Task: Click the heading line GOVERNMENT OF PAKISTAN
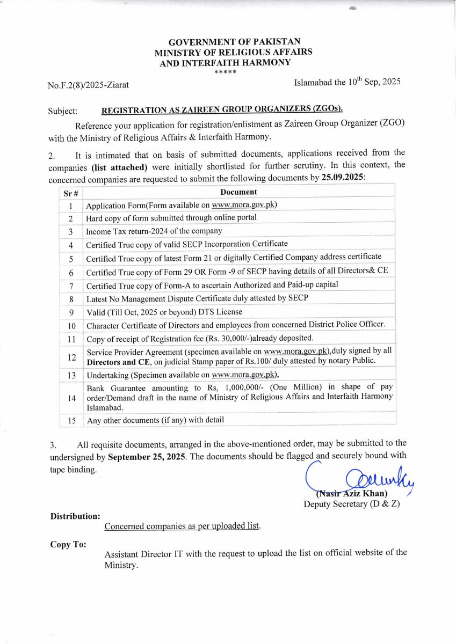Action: pos(234,42)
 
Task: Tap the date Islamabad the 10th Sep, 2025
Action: pos(347,82)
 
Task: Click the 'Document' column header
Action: pos(238,192)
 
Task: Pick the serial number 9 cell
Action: pos(71,312)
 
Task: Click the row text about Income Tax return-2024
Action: pos(154,231)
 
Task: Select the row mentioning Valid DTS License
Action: pos(164,312)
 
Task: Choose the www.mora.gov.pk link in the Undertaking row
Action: pos(244,375)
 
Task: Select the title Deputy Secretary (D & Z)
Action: pos(351,504)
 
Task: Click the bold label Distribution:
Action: pos(75,516)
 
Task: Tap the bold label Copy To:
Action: pos(68,544)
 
